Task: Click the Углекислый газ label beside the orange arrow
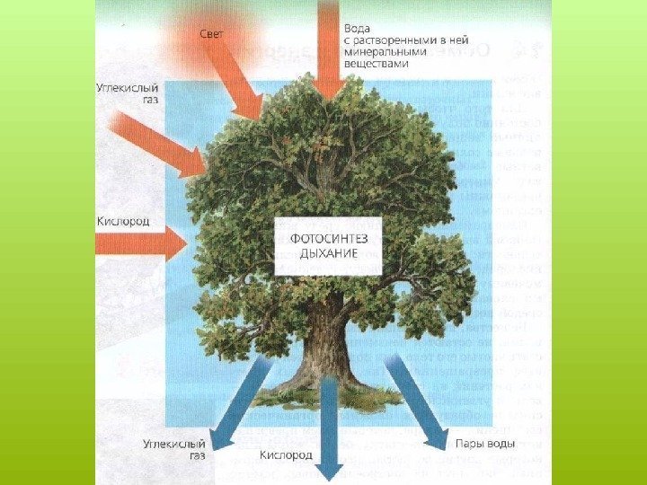123,94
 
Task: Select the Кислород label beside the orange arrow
123,220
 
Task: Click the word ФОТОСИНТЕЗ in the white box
328,238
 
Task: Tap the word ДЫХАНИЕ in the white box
328,253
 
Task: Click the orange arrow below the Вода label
329,54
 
